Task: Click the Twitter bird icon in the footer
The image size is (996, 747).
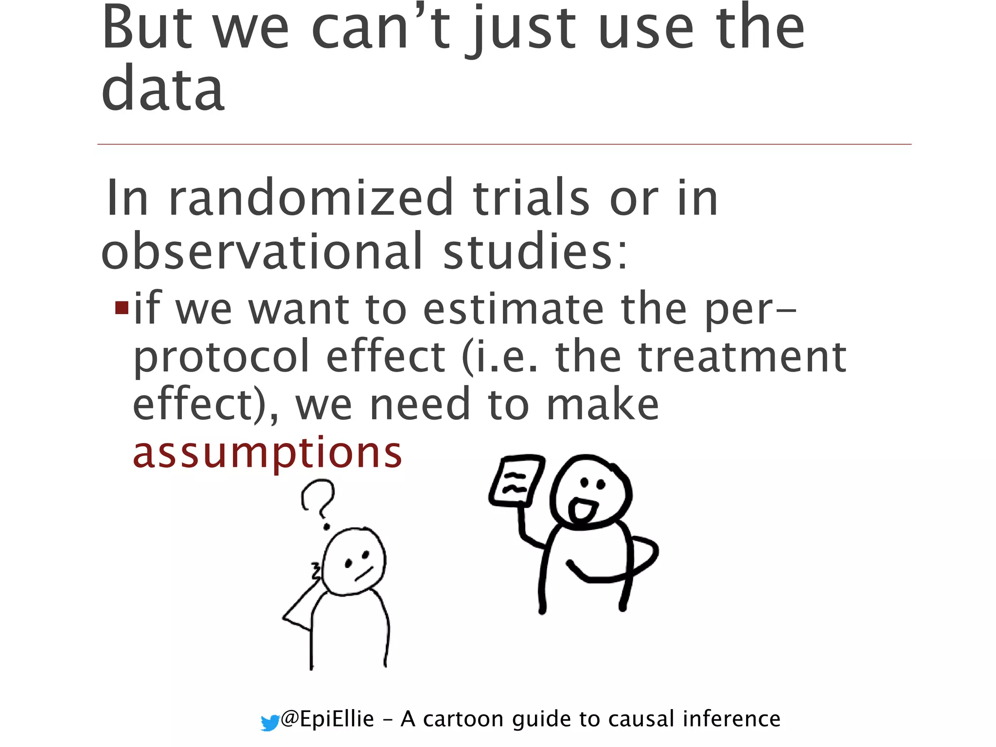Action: (270, 723)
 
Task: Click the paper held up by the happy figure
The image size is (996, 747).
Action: (516, 481)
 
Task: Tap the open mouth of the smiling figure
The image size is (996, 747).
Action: (582, 510)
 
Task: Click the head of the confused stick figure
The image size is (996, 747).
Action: (355, 561)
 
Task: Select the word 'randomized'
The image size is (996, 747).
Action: (311, 198)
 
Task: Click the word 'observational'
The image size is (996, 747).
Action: (262, 251)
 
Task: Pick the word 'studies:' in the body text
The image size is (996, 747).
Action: (535, 251)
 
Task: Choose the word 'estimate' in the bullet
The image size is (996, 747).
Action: (514, 309)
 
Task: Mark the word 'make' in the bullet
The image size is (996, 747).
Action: (603, 405)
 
